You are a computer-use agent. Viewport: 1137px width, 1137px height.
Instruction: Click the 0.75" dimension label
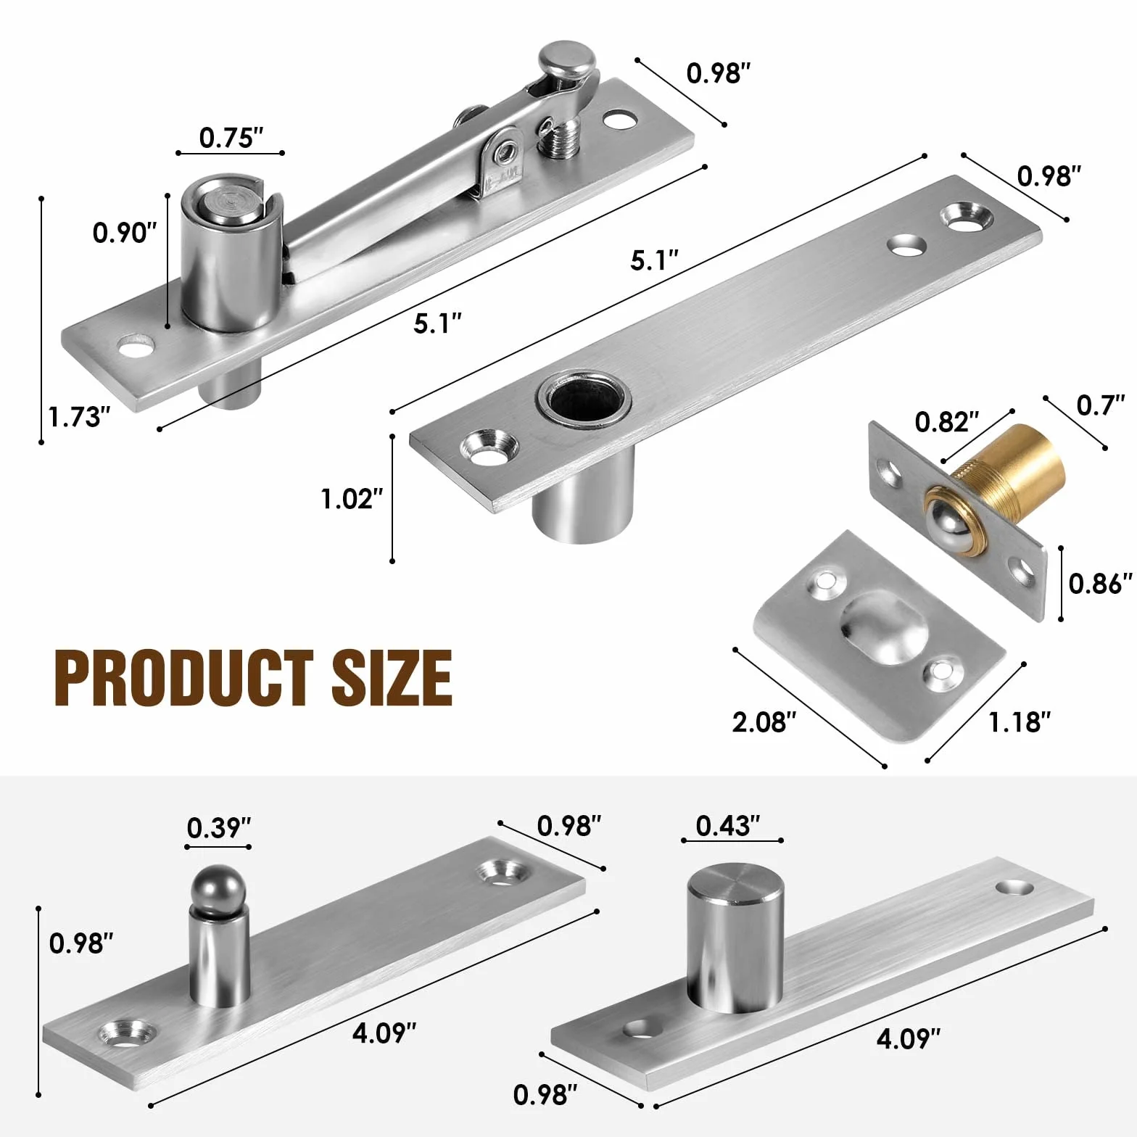tap(231, 137)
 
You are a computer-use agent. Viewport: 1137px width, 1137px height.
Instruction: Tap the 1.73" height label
tap(79, 417)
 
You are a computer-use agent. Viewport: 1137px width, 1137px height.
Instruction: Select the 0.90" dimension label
tap(125, 233)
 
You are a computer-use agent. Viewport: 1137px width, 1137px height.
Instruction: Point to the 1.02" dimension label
tap(352, 499)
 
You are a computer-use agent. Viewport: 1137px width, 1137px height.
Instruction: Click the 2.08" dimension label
tap(764, 722)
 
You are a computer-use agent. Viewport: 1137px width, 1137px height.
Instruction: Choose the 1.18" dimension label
tap(1020, 722)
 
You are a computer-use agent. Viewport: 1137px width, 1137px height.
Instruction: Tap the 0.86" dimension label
tap(1100, 584)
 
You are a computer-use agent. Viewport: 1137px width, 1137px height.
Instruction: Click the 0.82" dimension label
tap(947, 421)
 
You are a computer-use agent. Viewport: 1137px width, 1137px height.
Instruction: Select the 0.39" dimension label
tap(219, 827)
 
